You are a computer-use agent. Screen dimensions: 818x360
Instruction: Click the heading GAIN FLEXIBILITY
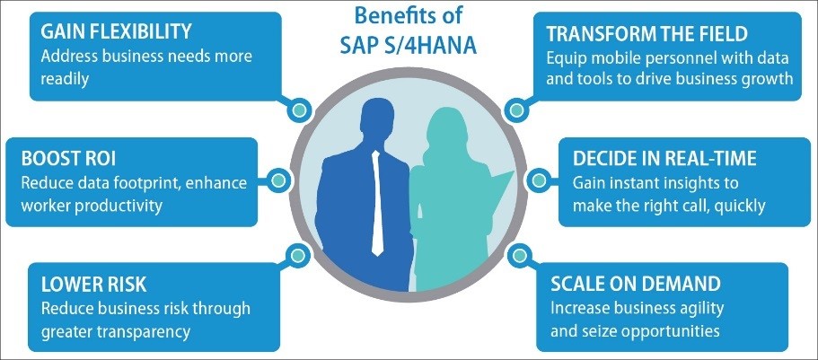click(x=116, y=32)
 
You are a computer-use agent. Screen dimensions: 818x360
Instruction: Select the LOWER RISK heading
click(x=93, y=285)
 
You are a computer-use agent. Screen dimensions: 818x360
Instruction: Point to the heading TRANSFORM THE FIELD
click(x=647, y=34)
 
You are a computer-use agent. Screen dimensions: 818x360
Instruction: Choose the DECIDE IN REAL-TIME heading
click(x=664, y=159)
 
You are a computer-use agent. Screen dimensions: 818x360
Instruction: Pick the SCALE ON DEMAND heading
click(x=636, y=284)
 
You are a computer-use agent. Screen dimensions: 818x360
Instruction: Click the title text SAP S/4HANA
click(x=409, y=46)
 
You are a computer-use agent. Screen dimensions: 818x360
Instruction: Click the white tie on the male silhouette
click(x=377, y=204)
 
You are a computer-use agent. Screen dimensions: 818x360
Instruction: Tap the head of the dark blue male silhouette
click(x=377, y=120)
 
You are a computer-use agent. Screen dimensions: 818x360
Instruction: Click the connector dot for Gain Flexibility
click(x=299, y=110)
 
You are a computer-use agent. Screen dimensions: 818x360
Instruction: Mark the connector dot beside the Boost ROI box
click(x=279, y=180)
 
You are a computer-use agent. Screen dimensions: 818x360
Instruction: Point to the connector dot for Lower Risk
click(x=297, y=255)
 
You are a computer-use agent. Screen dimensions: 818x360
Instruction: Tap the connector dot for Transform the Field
click(x=516, y=110)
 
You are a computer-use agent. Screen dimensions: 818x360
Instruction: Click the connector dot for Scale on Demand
click(x=519, y=256)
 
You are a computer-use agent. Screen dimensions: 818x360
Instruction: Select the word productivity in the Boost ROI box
click(x=119, y=205)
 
